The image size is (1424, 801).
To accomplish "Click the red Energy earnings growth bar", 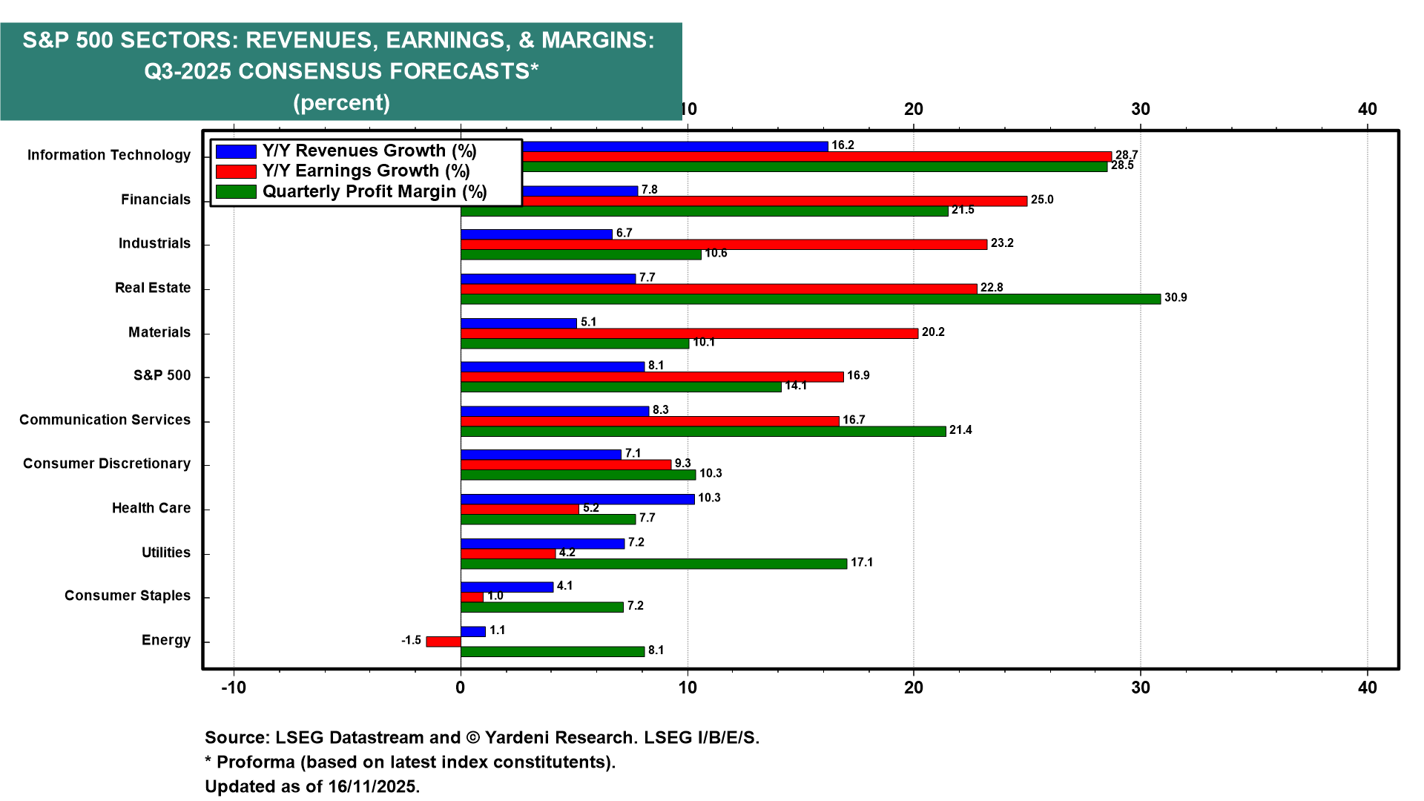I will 444,642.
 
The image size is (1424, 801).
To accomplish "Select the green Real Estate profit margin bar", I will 810,299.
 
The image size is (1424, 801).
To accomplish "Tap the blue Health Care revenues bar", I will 577,499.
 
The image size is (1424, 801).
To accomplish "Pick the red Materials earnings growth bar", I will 689,333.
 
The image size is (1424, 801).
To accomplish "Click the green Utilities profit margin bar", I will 653,564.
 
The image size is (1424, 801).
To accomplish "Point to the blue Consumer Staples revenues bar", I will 507,587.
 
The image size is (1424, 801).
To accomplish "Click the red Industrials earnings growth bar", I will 723,244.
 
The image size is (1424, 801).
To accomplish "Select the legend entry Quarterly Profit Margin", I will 375,192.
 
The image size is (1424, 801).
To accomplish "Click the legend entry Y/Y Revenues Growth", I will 369,151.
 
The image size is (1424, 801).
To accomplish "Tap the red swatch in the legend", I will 236,171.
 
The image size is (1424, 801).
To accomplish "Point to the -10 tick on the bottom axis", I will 234,688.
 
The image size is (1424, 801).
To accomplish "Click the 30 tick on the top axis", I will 1141,109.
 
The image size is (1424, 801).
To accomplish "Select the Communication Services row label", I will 105,420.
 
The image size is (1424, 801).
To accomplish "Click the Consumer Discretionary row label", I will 107,464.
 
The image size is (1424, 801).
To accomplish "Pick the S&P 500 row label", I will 162,375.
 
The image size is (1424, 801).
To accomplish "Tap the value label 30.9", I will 1176,298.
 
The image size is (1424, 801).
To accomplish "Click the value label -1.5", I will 411,640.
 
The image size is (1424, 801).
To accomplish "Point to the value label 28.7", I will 1127,155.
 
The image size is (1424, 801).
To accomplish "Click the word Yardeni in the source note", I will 519,738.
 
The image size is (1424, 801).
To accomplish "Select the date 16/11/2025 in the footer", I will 374,786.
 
